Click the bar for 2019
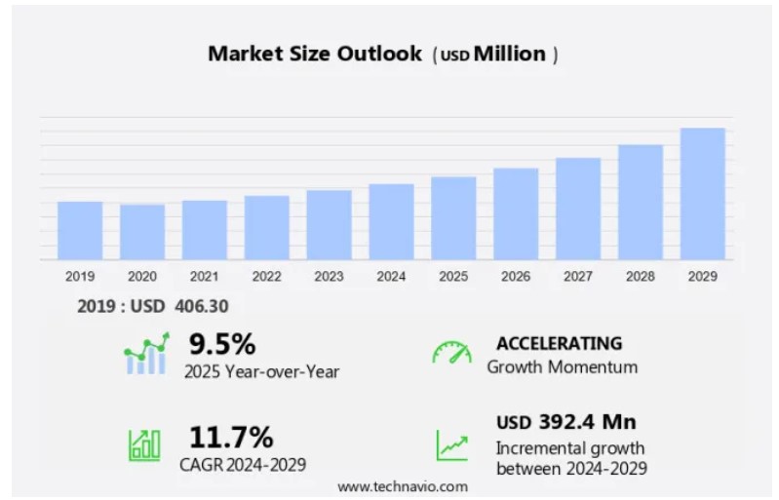click(x=80, y=231)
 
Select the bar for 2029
click(x=702, y=194)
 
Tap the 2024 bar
click(x=391, y=222)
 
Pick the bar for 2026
click(x=516, y=214)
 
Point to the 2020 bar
click(x=142, y=232)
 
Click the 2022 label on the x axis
click(x=266, y=277)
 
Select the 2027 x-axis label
click(x=578, y=277)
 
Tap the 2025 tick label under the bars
click(x=453, y=277)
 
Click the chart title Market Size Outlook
click(x=315, y=55)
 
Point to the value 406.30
click(x=202, y=306)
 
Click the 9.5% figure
click(x=222, y=344)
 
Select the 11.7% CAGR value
click(x=231, y=436)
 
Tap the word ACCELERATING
click(x=559, y=343)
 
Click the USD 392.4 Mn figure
click(x=565, y=422)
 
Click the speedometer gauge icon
click(x=451, y=353)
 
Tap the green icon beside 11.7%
click(x=144, y=444)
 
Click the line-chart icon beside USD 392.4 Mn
click(x=451, y=444)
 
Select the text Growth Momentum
click(x=563, y=367)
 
